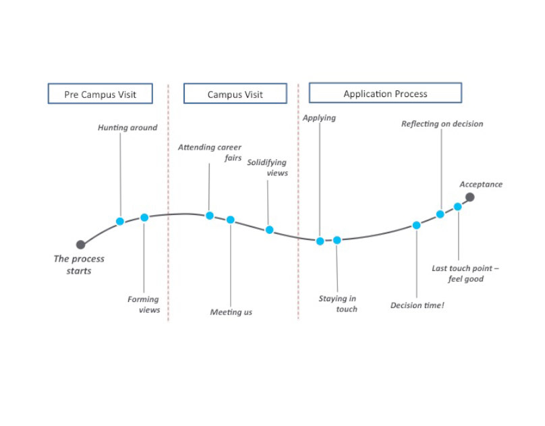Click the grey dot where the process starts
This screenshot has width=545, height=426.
pos(81,245)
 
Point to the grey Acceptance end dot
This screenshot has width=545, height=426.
pos(470,197)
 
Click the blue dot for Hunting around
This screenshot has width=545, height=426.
pos(120,221)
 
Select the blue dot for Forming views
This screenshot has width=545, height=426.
pos(144,218)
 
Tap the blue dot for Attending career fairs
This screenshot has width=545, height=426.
pos(210,216)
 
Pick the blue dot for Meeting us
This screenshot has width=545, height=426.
pos(231,220)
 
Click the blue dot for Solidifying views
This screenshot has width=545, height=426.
pos(269,230)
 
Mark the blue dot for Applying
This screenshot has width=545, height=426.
pos(320,241)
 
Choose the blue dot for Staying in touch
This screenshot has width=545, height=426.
pos(337,240)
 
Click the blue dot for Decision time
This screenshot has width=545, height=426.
pos(416,226)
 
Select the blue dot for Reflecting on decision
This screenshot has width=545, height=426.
pos(440,214)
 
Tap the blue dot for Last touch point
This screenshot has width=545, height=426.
pos(458,207)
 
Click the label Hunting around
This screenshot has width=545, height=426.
pos(127,127)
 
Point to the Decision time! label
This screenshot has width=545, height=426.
pos(417,305)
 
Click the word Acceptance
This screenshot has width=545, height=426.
pos(481,185)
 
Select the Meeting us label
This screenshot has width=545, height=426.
pos(231,312)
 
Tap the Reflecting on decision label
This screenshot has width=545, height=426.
pos(442,124)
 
